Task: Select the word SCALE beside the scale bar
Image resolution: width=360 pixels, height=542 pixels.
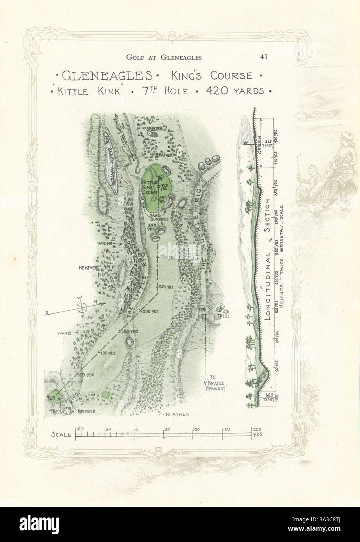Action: click(x=61, y=434)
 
